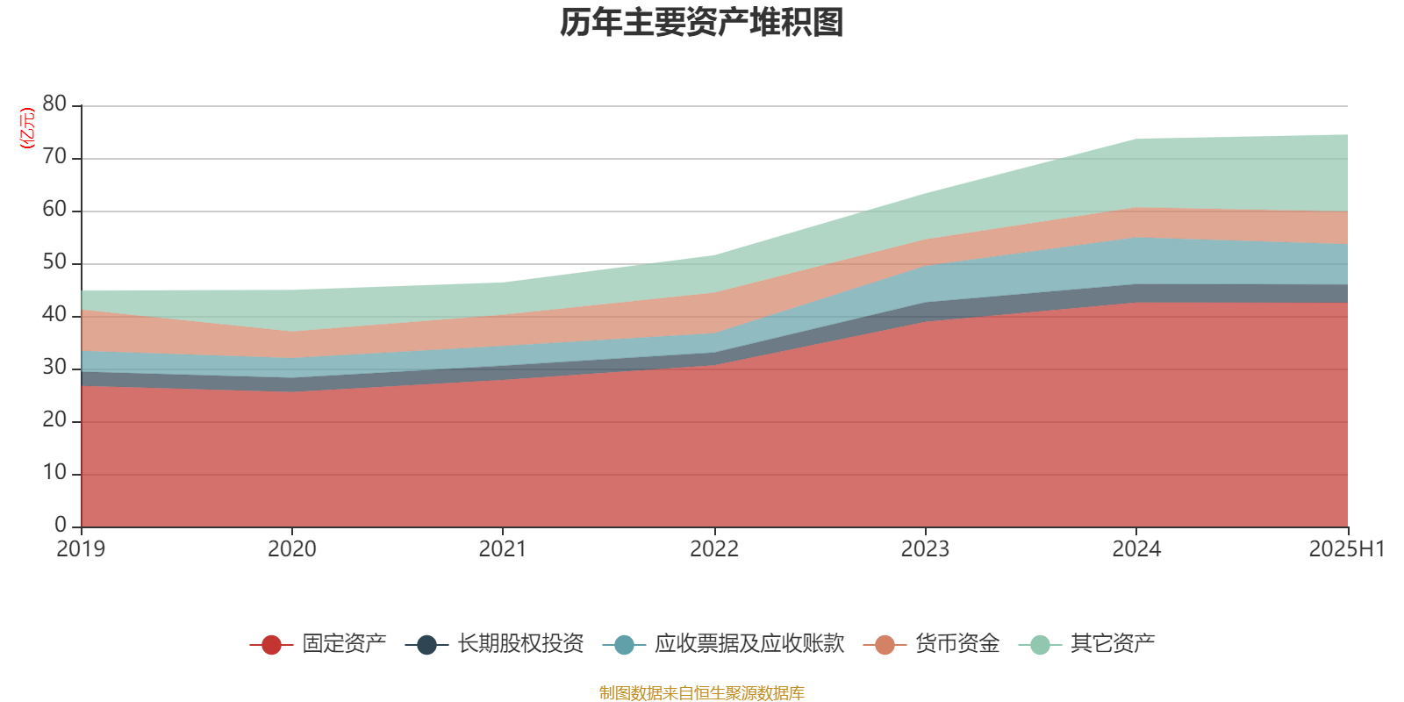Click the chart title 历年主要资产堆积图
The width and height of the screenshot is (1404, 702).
(702, 24)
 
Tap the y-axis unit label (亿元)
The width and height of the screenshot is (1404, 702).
(27, 128)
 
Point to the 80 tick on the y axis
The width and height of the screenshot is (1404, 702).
(54, 104)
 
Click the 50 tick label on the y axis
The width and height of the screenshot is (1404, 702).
(54, 262)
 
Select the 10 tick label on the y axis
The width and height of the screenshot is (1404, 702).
(54, 473)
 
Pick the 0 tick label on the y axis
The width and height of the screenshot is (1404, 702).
(61, 525)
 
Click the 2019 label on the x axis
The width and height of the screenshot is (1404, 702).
(81, 549)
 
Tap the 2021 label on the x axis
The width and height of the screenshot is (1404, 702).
(503, 549)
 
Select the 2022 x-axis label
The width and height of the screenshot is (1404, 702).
(714, 549)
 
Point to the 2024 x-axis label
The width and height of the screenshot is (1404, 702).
(1136, 549)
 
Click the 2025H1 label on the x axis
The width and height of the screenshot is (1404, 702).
(1346, 549)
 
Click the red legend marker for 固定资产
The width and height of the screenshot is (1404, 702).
(271, 645)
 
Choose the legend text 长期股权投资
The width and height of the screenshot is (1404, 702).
(520, 644)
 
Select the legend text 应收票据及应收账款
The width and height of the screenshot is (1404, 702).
(749, 644)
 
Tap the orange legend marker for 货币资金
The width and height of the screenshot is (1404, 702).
(885, 645)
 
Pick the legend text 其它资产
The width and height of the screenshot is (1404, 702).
(1113, 644)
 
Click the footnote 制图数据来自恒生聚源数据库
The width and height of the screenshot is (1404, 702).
(702, 693)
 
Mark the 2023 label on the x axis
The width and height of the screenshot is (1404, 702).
(925, 549)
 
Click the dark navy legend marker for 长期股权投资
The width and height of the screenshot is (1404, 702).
(426, 645)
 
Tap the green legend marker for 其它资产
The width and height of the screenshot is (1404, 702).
(1040, 645)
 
